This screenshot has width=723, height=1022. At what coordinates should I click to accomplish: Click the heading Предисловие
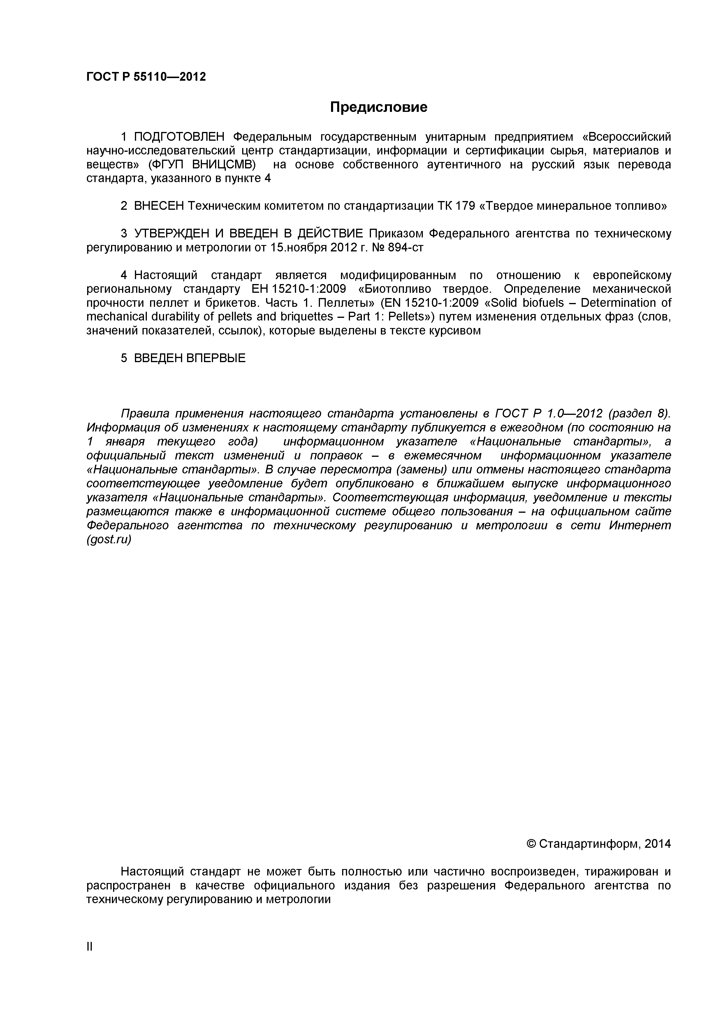tap(379, 107)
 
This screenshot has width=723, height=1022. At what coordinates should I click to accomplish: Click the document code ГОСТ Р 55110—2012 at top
tap(146, 77)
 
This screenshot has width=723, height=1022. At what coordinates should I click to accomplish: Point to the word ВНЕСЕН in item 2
tap(159, 206)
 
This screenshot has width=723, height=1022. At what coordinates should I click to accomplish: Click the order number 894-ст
tap(406, 248)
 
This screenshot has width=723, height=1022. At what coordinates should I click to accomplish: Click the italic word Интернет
tap(640, 526)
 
